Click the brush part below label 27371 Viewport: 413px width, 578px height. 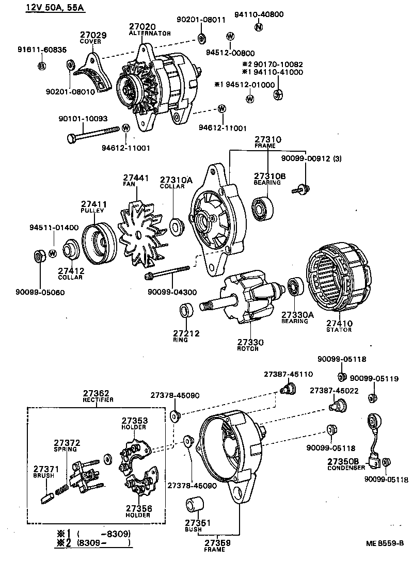tap(45, 498)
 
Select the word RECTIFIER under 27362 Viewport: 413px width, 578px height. tap(98, 399)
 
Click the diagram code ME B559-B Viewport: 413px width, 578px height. tap(384, 542)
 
